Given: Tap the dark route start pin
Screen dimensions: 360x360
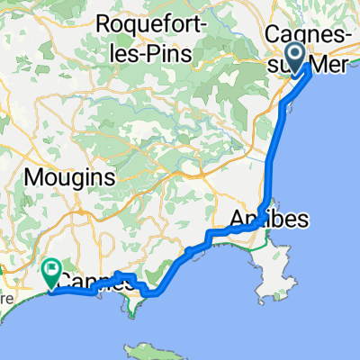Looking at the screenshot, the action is [x=295, y=58].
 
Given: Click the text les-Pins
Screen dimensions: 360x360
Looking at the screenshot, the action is [x=160, y=48].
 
